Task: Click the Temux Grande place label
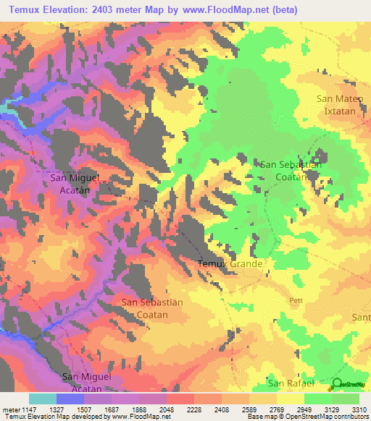point(230,264)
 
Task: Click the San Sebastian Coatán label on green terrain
point(291,171)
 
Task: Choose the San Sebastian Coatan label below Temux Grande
point(151,308)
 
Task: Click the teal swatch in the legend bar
point(43,399)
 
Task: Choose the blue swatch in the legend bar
point(70,399)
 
